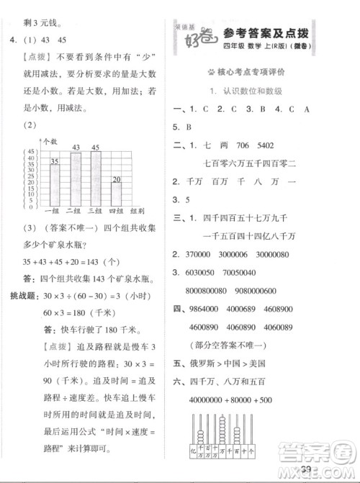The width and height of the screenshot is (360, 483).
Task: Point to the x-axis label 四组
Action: pos(116,211)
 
